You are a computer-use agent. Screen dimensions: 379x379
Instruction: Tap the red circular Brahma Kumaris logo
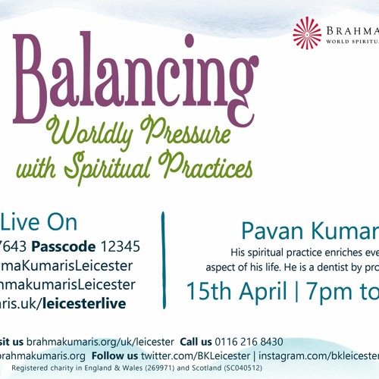[307, 33]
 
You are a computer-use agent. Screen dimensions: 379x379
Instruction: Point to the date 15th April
[234, 268]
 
